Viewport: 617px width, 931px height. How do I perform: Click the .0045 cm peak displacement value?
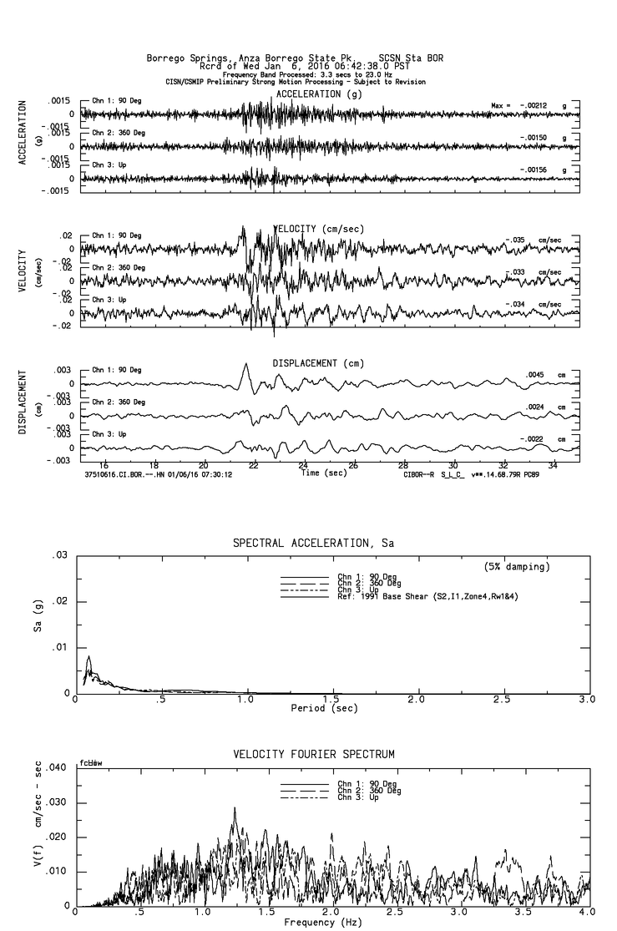point(536,375)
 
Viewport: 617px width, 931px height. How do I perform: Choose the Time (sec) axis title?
point(322,473)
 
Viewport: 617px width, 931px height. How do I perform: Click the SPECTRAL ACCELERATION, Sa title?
point(313,544)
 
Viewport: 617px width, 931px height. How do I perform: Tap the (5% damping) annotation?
point(517,567)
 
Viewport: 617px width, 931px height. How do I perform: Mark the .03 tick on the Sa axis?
point(59,555)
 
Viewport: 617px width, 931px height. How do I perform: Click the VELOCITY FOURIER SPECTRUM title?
point(314,755)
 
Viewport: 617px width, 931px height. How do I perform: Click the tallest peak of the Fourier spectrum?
point(235,808)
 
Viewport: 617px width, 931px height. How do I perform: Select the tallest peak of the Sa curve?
point(88,657)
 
